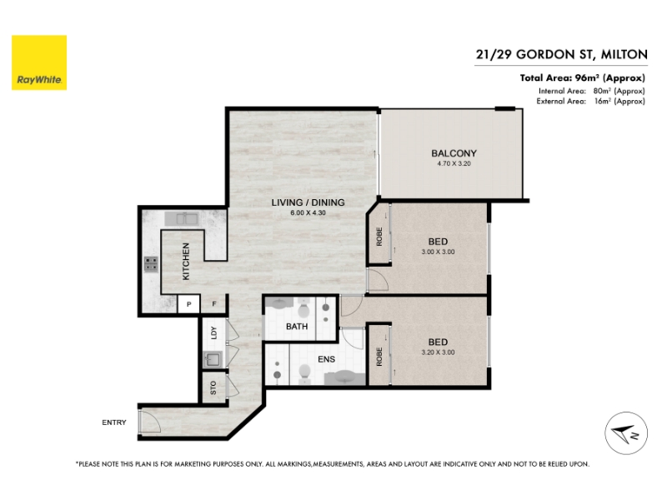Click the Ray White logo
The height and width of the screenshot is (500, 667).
tap(39, 62)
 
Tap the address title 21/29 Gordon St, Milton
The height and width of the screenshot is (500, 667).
tap(561, 54)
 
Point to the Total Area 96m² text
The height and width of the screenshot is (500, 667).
tap(582, 77)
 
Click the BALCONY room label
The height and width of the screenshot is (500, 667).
tap(454, 153)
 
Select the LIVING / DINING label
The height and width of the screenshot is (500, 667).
tap(308, 202)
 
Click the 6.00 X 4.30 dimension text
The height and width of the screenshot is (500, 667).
tap(308, 212)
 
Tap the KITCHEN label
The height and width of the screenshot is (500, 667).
tap(186, 262)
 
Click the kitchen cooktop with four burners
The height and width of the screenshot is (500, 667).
tap(151, 264)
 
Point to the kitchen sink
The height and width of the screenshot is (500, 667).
tap(182, 219)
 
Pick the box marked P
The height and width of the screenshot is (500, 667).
tap(189, 304)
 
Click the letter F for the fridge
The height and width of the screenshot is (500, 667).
tap(214, 304)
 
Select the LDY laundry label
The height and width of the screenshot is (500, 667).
tap(214, 332)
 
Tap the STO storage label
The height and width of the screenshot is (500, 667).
tap(213, 387)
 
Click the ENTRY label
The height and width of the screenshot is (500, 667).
tap(114, 422)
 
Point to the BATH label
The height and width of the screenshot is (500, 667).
tap(297, 327)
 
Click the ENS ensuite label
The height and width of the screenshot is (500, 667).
tap(326, 359)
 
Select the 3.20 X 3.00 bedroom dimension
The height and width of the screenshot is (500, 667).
tap(439, 352)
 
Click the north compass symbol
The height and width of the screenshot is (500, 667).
tap(626, 433)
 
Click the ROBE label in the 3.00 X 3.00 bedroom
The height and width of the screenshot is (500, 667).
tap(379, 237)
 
